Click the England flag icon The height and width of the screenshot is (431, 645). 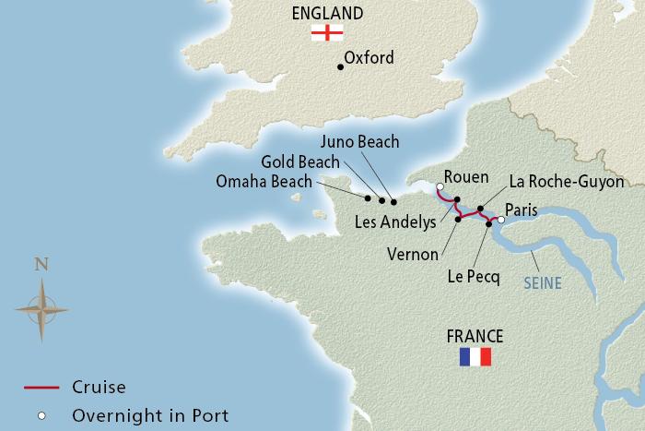point(327,32)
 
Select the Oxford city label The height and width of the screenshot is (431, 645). point(369,58)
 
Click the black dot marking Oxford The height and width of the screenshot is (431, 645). point(341,66)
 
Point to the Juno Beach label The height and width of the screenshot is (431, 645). point(359,141)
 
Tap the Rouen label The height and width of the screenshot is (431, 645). point(465,176)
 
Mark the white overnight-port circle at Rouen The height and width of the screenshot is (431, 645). point(440,187)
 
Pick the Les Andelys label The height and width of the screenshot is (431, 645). point(395,221)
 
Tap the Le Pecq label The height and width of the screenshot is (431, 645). point(474,274)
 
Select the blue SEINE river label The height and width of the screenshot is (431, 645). point(542,283)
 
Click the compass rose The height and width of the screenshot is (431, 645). point(41,305)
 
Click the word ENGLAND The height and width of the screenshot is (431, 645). point(326,12)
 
